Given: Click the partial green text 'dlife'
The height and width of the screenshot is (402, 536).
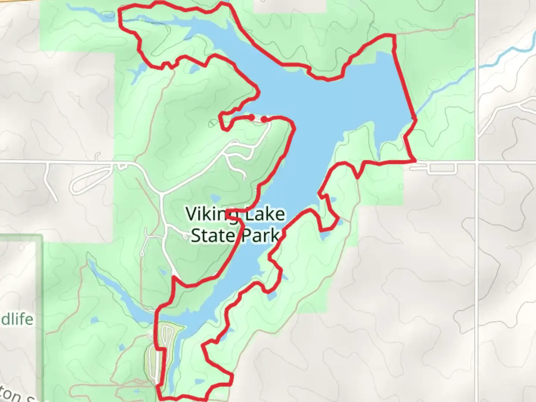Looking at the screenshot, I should pos(17,319).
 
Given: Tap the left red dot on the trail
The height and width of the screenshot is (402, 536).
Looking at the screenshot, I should pos(252,118).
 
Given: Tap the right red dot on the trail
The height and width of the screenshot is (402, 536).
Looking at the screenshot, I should pos(264,119).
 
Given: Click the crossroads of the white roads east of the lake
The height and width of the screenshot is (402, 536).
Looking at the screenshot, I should pos(477,162).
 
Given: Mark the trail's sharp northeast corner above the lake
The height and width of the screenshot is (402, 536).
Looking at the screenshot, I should pos(392,36).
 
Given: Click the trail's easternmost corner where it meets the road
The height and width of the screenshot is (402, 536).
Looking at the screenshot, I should pos(415,161).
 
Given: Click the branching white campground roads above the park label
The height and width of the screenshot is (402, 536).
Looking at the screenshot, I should pos(238,156).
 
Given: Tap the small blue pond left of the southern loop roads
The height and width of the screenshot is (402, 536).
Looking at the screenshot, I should pos(121,347).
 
